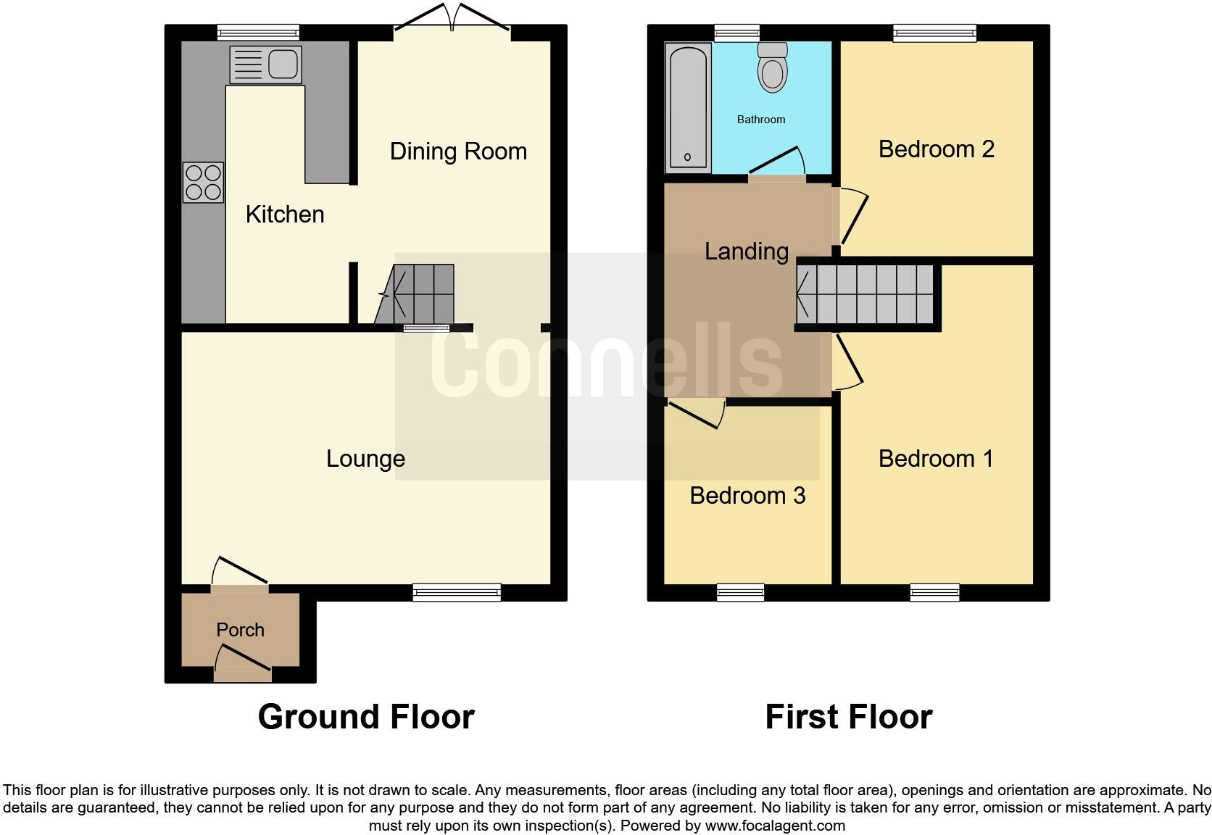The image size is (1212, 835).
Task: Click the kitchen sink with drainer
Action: [x=265, y=65]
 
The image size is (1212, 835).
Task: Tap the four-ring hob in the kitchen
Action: [x=203, y=182]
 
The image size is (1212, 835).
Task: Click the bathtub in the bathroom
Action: [x=687, y=107]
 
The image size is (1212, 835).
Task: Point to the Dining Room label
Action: [x=458, y=151]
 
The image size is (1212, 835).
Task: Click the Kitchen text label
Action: [x=284, y=215]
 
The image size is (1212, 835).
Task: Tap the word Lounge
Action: [x=365, y=459]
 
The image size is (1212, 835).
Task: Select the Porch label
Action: [x=240, y=630]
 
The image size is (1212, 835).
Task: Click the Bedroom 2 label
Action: [x=936, y=149]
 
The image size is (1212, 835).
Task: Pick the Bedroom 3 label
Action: [x=747, y=496]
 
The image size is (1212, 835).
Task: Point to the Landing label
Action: [x=747, y=252]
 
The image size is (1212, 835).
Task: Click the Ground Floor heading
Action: [x=366, y=717]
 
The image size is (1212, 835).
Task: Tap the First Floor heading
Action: [x=848, y=717]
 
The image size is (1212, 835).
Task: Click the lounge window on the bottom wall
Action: [x=457, y=592]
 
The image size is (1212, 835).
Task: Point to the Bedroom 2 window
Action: [x=934, y=32]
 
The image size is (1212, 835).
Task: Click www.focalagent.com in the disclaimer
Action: [x=775, y=826]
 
